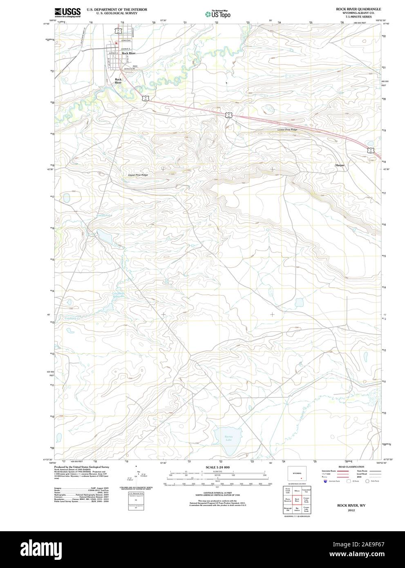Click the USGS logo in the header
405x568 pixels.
[x=67, y=12]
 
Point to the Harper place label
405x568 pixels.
[x=340, y=165]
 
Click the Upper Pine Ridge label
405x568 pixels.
[x=138, y=175]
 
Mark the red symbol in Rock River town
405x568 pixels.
[x=116, y=42]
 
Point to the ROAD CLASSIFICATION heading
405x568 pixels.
[x=351, y=467]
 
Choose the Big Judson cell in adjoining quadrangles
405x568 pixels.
[x=297, y=510]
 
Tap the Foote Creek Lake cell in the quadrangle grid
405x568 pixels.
[x=288, y=490]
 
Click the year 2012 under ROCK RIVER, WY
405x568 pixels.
[x=351, y=510]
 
